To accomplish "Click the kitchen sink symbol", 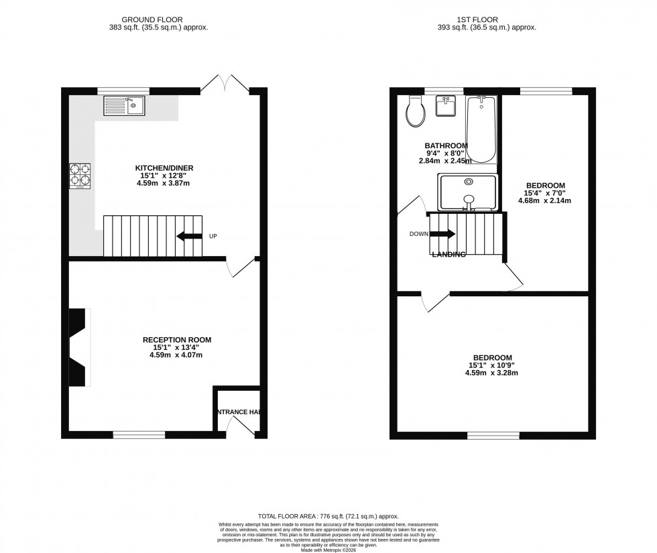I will click(x=123, y=105).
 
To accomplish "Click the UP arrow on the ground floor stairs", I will click(x=189, y=236).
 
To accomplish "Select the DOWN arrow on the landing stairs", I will click(x=442, y=234).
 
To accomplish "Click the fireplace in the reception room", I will click(x=80, y=347).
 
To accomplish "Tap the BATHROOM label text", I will click(x=446, y=145).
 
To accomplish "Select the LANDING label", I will click(x=449, y=255).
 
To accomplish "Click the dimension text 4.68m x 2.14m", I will click(x=544, y=200).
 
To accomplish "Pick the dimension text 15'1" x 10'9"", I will click(x=493, y=365).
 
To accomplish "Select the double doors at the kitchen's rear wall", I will click(x=225, y=84).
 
